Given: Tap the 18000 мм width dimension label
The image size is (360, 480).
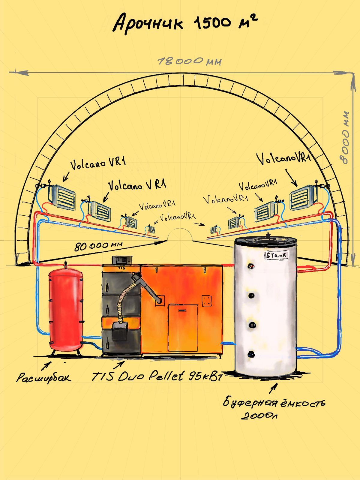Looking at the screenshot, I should [190, 61].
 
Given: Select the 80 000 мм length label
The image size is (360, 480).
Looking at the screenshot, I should [98, 246].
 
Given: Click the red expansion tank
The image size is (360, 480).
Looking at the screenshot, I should [66, 309].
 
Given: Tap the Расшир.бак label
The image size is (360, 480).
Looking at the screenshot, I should [44, 377].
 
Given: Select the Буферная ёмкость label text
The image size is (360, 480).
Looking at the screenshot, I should [274, 402].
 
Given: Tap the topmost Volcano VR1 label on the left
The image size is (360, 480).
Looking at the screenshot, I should [98, 163].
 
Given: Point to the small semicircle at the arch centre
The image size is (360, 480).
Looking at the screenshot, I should [180, 235].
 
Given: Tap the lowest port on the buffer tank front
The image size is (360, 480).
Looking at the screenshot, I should [251, 354].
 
